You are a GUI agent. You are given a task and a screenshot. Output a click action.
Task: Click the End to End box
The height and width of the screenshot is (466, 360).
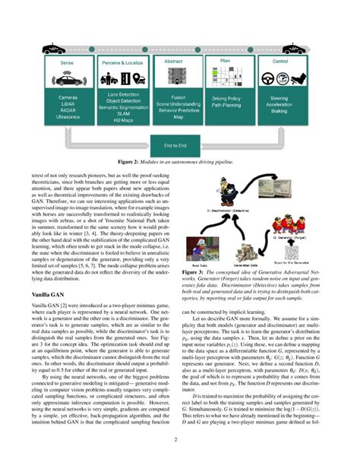180,144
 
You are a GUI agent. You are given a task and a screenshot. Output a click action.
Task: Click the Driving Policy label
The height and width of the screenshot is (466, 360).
226,99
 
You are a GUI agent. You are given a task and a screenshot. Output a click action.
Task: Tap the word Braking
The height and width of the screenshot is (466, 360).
280,111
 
